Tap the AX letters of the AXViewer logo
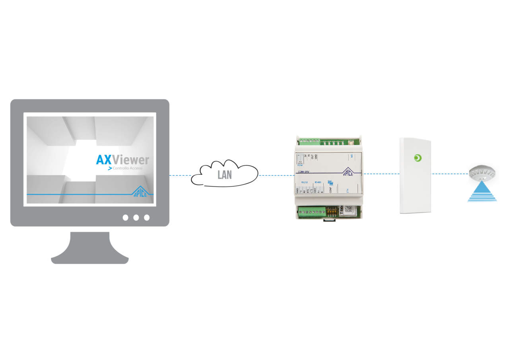(104, 160)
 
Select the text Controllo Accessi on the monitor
(127, 169)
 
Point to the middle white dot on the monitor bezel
(136, 218)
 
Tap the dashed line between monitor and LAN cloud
(180, 175)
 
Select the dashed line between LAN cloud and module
(276, 175)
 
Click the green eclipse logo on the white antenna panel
(417, 158)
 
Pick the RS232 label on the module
(305, 182)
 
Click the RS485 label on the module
(318, 182)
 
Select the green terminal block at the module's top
(309, 141)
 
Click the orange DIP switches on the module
(330, 211)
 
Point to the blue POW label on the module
(300, 165)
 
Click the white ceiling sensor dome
(482, 172)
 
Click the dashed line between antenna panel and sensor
(450, 174)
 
